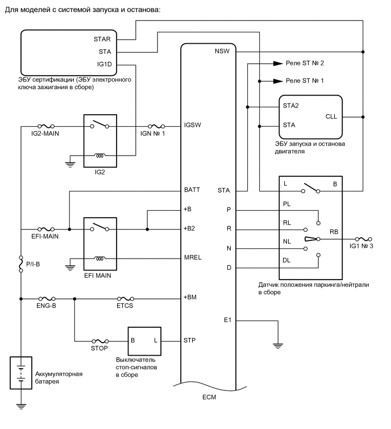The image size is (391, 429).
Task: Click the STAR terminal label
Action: click(102, 40)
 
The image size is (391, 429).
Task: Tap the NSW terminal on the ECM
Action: click(222, 52)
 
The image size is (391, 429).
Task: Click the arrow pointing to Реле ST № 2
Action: click(276, 64)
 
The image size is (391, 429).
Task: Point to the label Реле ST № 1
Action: click(305, 81)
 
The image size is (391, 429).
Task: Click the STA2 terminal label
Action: click(291, 106)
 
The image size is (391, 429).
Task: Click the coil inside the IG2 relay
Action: click(102, 154)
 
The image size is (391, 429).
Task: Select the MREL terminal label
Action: click(193, 257)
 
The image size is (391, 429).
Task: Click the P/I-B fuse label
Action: click(33, 263)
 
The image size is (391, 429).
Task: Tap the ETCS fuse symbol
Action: click(126, 297)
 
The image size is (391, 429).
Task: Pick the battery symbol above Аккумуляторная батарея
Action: click(20, 372)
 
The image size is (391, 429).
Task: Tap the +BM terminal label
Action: click(191, 297)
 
